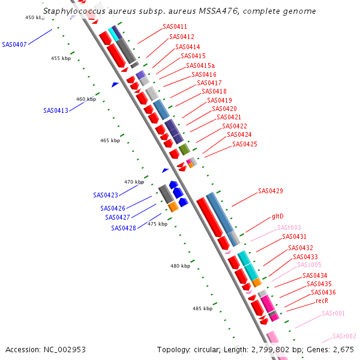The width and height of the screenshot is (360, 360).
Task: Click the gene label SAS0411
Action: (x=175, y=27)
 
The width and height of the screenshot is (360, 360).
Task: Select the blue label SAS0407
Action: (x=14, y=44)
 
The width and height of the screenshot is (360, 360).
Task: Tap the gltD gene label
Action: (x=278, y=216)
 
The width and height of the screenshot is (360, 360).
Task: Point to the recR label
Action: (x=322, y=301)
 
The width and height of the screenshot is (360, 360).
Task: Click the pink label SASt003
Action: (x=289, y=228)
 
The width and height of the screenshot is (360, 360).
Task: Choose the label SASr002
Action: (x=344, y=336)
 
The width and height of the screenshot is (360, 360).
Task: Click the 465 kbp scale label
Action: (x=110, y=140)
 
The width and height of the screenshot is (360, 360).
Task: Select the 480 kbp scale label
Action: (x=180, y=266)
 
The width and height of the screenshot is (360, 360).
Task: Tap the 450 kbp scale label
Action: (x=35, y=18)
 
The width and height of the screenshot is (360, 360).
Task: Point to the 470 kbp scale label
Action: (x=134, y=182)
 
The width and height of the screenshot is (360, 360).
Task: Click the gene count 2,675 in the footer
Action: (x=341, y=349)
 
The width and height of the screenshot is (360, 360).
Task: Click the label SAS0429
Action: (x=271, y=191)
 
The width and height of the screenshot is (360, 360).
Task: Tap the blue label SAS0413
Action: (x=56, y=110)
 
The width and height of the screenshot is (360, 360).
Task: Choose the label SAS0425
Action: (x=245, y=145)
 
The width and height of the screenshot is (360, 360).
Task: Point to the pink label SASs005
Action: (x=310, y=265)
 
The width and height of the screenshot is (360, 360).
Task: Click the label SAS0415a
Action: (x=200, y=65)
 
